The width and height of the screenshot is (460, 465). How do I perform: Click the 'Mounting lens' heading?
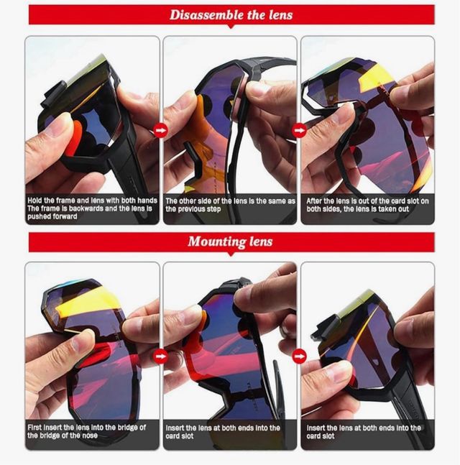tap(230, 241)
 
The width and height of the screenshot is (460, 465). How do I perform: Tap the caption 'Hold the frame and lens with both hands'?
tap(92, 201)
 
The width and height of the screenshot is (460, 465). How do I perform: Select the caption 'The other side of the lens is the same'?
tap(230, 201)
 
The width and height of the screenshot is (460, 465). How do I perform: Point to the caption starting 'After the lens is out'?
tap(367, 201)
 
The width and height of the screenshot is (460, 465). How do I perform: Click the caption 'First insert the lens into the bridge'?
tap(86, 427)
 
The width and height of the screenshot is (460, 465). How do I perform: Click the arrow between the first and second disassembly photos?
tap(161, 130)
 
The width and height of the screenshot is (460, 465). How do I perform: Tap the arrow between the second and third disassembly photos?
tap(300, 130)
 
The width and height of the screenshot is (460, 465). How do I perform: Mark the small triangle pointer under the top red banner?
tap(231, 27)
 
